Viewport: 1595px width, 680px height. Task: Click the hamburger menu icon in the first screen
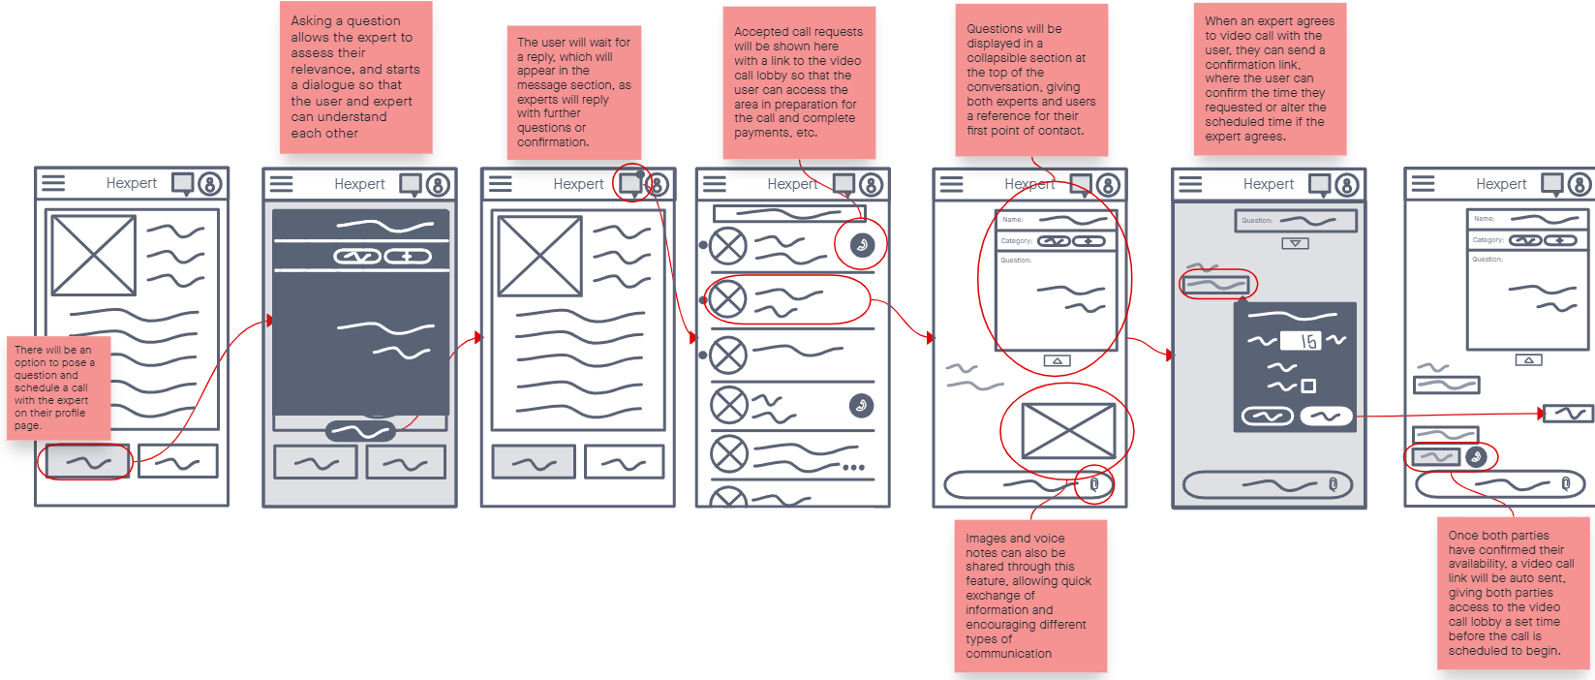53,183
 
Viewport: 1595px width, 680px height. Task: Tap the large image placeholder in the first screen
93,255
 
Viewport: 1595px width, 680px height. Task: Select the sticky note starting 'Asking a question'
355,77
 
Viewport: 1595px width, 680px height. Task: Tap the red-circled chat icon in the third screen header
630,183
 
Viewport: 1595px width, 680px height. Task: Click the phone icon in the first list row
862,245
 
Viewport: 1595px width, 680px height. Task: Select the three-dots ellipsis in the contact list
853,468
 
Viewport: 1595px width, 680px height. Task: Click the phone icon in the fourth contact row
861,406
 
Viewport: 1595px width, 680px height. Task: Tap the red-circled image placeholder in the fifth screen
1068,431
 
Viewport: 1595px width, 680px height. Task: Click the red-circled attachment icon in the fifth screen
1094,484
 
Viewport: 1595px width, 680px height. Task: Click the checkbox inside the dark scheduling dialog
1308,386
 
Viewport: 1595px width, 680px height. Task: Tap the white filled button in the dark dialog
1326,417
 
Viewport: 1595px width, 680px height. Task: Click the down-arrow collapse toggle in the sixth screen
1295,243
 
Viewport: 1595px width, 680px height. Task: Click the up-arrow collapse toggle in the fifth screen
1058,360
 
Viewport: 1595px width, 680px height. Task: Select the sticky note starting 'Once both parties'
1513,593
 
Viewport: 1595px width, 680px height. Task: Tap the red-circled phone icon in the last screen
1476,456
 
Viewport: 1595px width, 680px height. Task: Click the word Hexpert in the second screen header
359,184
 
